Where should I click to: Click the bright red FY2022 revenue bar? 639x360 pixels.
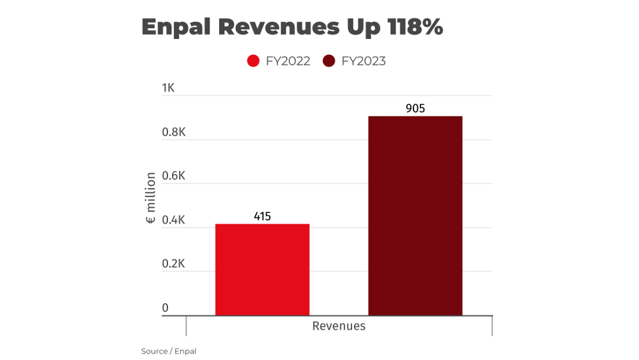[262, 269]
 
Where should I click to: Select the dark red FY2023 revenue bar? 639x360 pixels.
[415, 215]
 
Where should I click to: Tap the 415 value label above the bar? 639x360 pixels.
[262, 216]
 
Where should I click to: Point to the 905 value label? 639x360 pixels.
[415, 109]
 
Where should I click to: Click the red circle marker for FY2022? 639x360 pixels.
[253, 61]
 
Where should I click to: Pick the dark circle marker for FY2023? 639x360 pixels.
[328, 61]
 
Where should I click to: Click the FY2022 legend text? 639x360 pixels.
[288, 61]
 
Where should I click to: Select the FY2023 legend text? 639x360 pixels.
[364, 61]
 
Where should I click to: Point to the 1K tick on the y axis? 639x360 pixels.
[168, 88]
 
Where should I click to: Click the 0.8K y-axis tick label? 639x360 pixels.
[174, 132]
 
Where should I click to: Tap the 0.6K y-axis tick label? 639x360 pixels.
[174, 176]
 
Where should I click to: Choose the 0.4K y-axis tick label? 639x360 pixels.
[174, 220]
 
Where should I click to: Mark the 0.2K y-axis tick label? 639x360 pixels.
[174, 264]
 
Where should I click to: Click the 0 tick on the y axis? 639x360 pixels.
[165, 308]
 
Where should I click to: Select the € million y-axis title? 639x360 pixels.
[150, 198]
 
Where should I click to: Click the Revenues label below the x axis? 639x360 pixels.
[339, 326]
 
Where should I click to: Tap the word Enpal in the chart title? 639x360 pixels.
[176, 27]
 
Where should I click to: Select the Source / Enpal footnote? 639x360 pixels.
[169, 351]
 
